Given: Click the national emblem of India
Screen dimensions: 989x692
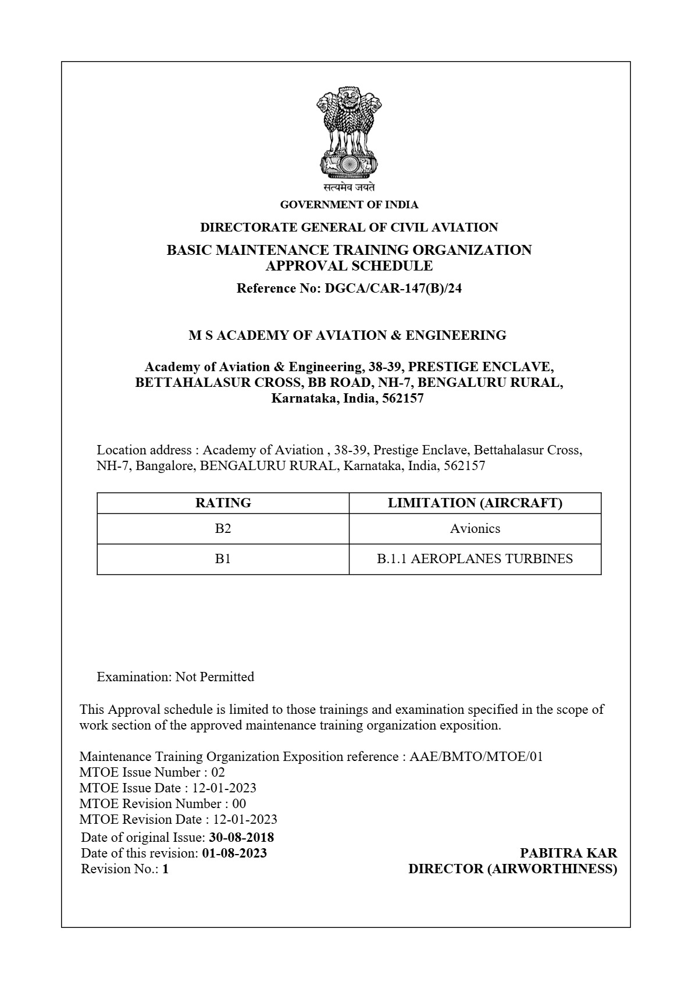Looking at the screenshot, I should click(x=349, y=133).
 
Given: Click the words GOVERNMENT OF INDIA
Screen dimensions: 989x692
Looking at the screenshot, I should click(x=349, y=205).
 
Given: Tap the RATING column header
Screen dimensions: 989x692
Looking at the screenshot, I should click(x=223, y=503).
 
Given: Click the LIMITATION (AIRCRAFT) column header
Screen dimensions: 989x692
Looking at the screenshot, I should click(x=475, y=503).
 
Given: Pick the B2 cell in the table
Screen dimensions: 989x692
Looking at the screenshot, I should click(x=223, y=529).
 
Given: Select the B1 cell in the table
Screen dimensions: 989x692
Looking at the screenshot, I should click(x=223, y=559).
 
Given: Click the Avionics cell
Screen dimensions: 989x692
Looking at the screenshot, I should click(x=475, y=529).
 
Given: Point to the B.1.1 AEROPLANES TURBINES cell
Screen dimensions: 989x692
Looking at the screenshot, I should click(x=475, y=559).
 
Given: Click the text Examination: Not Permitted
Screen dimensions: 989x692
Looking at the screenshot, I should click(x=175, y=677).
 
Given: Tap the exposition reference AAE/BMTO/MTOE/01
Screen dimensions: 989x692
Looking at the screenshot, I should click(x=476, y=757).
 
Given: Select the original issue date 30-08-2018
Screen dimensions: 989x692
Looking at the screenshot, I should click(x=241, y=838).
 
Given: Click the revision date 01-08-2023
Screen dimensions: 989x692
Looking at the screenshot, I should click(x=234, y=853).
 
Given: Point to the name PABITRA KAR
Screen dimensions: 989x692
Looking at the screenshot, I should click(x=568, y=853).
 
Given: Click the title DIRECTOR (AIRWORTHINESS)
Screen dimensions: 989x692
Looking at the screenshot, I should click(x=512, y=869).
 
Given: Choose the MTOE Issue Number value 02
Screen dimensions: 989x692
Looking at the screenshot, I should click(x=218, y=773).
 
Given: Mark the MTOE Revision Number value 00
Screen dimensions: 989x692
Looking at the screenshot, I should click(x=239, y=804).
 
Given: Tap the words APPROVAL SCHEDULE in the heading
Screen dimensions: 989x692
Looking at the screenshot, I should click(x=349, y=266).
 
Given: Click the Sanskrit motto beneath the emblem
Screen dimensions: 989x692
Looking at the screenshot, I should click(x=349, y=188).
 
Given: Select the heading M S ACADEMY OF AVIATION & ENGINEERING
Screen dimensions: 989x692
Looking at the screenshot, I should click(x=347, y=336).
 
